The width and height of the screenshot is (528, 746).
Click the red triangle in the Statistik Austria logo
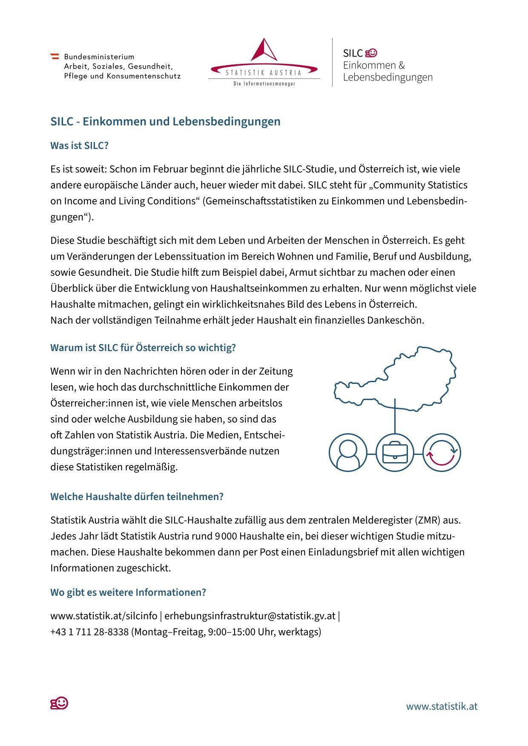(264, 51)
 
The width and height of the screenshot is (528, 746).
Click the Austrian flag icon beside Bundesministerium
(55, 56)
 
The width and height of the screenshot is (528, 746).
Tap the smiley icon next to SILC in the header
(371, 53)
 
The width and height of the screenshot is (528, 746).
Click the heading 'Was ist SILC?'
(79, 146)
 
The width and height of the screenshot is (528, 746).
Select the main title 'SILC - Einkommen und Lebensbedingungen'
(165, 121)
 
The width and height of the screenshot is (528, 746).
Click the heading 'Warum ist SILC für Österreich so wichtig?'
(143, 348)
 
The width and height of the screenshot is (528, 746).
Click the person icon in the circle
(348, 452)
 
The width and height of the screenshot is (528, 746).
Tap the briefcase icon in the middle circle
(395, 452)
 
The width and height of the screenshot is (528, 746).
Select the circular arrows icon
(442, 452)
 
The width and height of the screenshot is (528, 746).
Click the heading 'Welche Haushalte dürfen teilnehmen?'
(137, 497)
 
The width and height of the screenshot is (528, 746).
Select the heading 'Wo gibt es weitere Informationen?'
(128, 592)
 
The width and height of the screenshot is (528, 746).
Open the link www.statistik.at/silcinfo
(103, 616)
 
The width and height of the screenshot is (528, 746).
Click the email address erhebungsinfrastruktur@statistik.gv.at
(250, 616)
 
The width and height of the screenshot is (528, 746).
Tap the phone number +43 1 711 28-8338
(89, 632)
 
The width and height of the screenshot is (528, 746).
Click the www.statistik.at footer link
(442, 706)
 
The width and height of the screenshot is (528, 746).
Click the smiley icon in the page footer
(60, 703)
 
